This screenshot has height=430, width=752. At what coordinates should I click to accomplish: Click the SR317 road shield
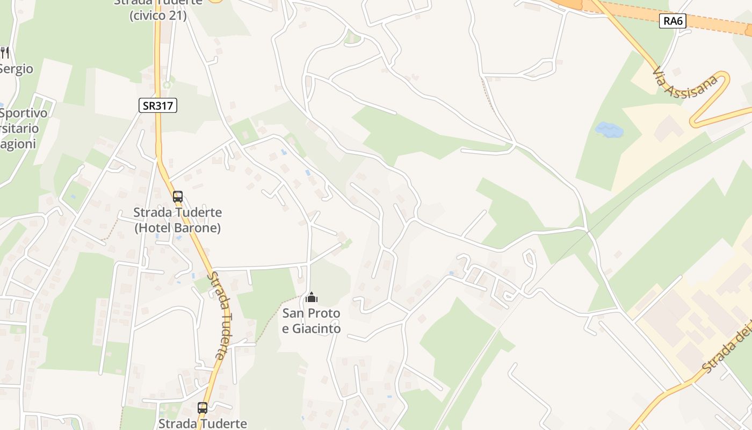tap(158, 105)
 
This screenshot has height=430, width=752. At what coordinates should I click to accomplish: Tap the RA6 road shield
tap(673, 21)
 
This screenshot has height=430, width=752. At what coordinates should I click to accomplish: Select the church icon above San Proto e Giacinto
tap(311, 297)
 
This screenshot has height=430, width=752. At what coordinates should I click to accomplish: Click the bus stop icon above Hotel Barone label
tap(178, 197)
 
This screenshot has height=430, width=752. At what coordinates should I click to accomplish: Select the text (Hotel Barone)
tap(178, 228)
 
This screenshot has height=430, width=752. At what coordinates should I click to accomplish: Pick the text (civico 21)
tap(158, 16)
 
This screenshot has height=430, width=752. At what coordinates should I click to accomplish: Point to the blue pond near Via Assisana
tap(609, 130)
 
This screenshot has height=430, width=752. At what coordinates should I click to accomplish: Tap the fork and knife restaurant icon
tap(5, 52)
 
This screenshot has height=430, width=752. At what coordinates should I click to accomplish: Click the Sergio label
tap(16, 69)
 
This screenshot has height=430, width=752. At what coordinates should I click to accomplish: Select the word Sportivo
tap(24, 113)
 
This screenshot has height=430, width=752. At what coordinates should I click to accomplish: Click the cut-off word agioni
tap(18, 144)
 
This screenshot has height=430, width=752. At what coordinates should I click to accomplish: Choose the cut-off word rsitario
tap(19, 129)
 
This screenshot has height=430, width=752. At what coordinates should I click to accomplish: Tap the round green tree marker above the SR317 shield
tap(167, 84)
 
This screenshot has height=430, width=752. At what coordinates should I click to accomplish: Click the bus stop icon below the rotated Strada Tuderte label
tap(202, 408)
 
